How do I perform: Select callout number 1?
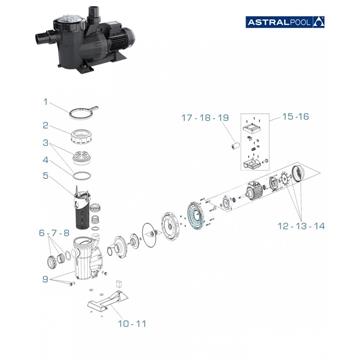pyautogui.click(x=45, y=101)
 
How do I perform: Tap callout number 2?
pyautogui.click(x=45, y=125)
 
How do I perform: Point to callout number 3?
pyautogui.click(x=45, y=144)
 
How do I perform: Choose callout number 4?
pyautogui.click(x=45, y=160)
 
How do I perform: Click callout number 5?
pyautogui.click(x=45, y=177)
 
